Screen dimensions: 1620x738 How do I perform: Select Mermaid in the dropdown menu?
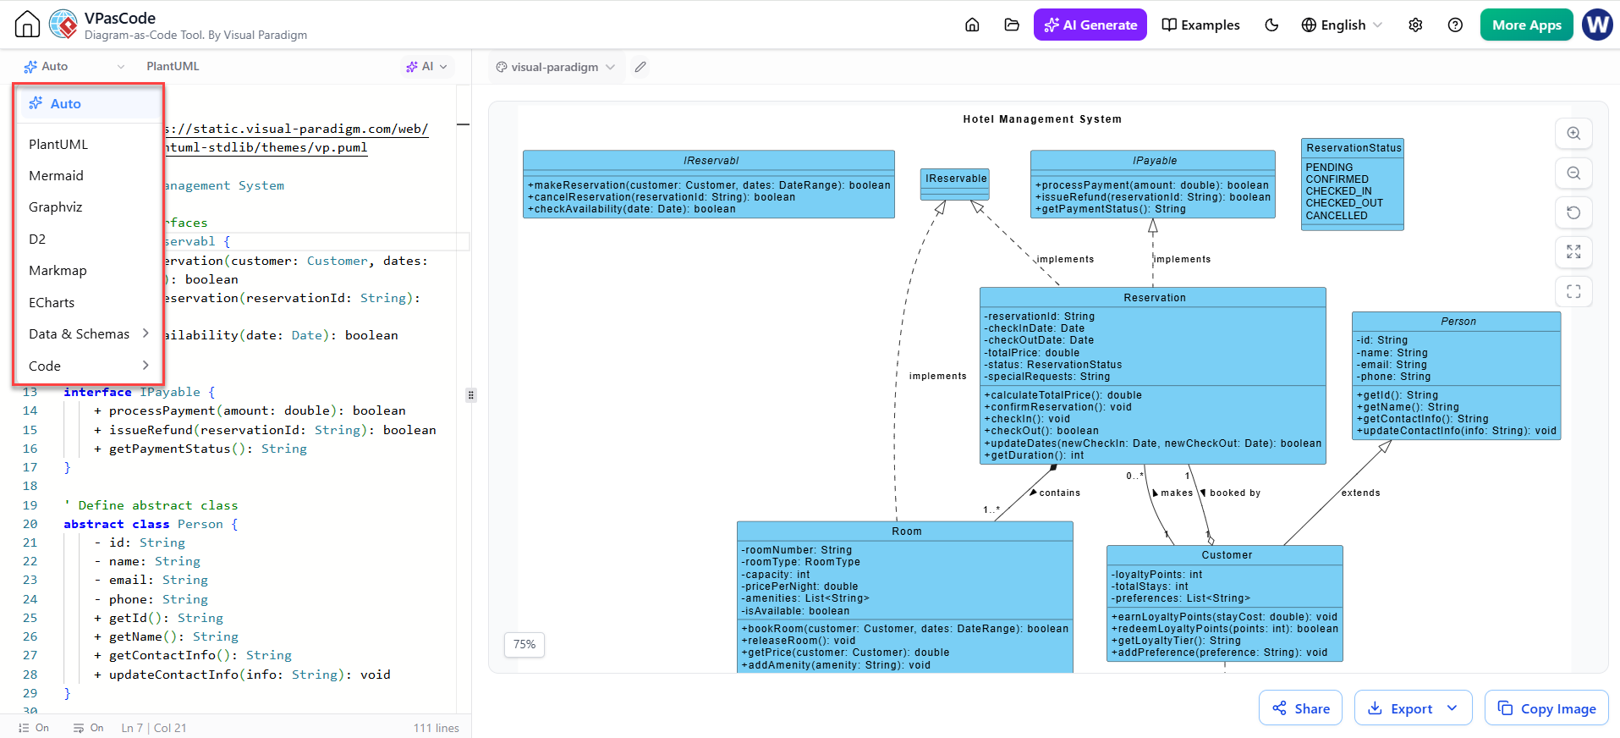coord(56,175)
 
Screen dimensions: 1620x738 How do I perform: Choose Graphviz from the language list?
coord(56,207)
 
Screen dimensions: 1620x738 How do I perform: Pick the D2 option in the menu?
coord(37,240)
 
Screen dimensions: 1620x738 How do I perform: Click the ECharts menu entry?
coord(52,303)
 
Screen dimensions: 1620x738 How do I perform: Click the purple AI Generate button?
coord(1090,25)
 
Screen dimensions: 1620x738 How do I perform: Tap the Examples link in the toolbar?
coord(1200,25)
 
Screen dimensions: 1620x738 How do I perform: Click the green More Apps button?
coord(1526,25)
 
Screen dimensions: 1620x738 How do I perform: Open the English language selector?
coord(1342,25)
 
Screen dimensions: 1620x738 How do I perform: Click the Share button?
coord(1300,708)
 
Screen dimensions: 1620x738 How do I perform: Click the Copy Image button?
coord(1546,708)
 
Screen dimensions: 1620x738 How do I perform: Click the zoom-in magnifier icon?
coord(1573,133)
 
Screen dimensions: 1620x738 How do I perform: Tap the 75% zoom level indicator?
coord(524,645)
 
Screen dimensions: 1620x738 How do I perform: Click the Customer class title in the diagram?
coord(1227,555)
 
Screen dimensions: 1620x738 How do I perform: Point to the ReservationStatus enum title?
coord(1354,148)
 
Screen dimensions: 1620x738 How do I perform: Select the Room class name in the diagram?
coord(906,531)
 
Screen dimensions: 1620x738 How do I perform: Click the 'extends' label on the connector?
coord(1360,493)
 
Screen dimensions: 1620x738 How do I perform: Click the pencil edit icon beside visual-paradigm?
coord(640,67)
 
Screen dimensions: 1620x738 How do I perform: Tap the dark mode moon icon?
coord(1271,25)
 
